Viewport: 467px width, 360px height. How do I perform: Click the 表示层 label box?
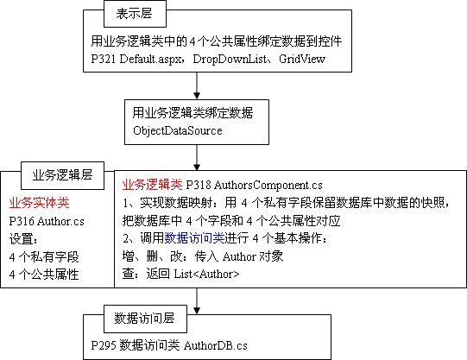coord(135,14)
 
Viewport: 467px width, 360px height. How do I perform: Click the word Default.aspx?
coord(150,59)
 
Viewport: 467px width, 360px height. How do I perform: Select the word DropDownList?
coord(230,59)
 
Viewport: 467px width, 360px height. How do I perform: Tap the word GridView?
coord(302,59)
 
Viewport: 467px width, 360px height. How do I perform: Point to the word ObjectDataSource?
coord(178,130)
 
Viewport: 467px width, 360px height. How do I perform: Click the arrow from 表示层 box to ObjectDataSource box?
coord(197,85)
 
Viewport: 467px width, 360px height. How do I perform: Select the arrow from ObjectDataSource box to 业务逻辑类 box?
coord(197,158)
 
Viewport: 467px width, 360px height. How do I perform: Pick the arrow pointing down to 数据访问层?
coord(197,301)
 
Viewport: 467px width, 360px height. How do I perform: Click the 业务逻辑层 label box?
coord(62,175)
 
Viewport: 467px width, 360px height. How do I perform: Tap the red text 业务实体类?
coord(40,203)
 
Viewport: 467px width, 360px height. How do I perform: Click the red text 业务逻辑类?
coord(152,185)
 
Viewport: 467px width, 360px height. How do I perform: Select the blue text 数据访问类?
coord(194,238)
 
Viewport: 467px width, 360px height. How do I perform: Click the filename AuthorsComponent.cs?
coord(268,186)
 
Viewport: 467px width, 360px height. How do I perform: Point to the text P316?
coord(22,221)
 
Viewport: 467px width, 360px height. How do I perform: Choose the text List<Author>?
coord(206,274)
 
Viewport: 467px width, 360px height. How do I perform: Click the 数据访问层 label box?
coord(145,319)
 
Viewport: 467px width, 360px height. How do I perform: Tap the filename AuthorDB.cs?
coord(216,345)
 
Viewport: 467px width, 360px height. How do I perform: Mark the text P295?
coord(104,345)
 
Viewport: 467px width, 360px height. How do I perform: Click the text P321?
coord(104,59)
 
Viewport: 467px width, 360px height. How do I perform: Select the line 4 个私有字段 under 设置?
coord(44,257)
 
